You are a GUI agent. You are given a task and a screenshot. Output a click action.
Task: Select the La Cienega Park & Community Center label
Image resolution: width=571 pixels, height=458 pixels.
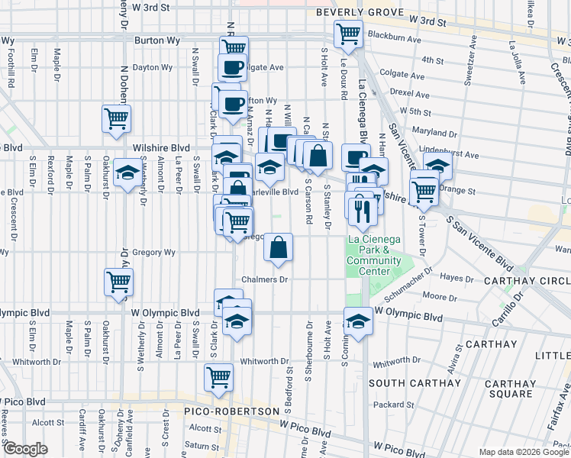[x=373, y=255]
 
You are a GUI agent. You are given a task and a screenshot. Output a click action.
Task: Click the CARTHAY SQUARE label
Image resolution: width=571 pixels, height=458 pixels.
[x=502, y=389]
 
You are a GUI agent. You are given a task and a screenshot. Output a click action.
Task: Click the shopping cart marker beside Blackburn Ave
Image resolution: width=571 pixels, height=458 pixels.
[x=348, y=33]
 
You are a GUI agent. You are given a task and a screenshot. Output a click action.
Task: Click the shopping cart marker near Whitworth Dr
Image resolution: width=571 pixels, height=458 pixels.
[x=218, y=377]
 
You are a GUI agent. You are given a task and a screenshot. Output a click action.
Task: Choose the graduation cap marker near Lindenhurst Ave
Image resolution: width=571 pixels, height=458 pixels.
[x=438, y=166]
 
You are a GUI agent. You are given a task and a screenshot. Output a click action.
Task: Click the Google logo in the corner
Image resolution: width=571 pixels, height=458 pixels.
[x=24, y=448]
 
